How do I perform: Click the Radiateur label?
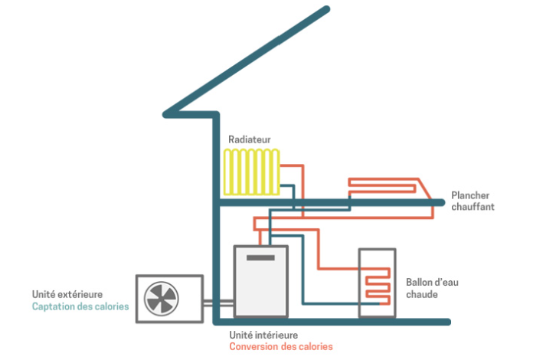pyautogui.click(x=249, y=139)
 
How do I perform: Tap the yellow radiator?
pyautogui.click(x=252, y=172)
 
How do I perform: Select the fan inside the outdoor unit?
pyautogui.click(x=162, y=299)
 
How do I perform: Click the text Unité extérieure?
pyautogui.click(x=67, y=294)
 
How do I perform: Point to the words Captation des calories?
pyautogui.click(x=80, y=306)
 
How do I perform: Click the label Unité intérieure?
pyautogui.click(x=263, y=335)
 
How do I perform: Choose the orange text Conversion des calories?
pyautogui.click(x=281, y=346)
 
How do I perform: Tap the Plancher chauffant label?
pyautogui.click(x=473, y=201)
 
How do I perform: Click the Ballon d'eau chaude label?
pyautogui.click(x=432, y=288)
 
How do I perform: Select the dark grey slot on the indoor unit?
pyautogui.click(x=260, y=257)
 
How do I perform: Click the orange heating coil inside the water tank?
pyautogui.click(x=378, y=286)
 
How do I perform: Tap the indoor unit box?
pyautogui.click(x=260, y=281)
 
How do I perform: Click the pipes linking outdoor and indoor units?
pyautogui.click(x=218, y=303)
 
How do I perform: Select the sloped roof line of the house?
pyautogui.click(x=247, y=61)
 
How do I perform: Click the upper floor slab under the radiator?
pyautogui.click(x=330, y=202)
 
